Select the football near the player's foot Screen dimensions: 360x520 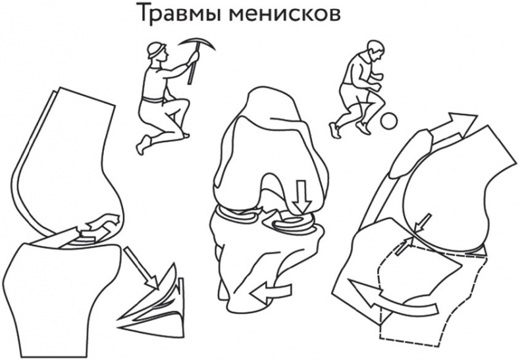click(389, 121)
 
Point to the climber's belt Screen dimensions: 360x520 click(153, 101)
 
